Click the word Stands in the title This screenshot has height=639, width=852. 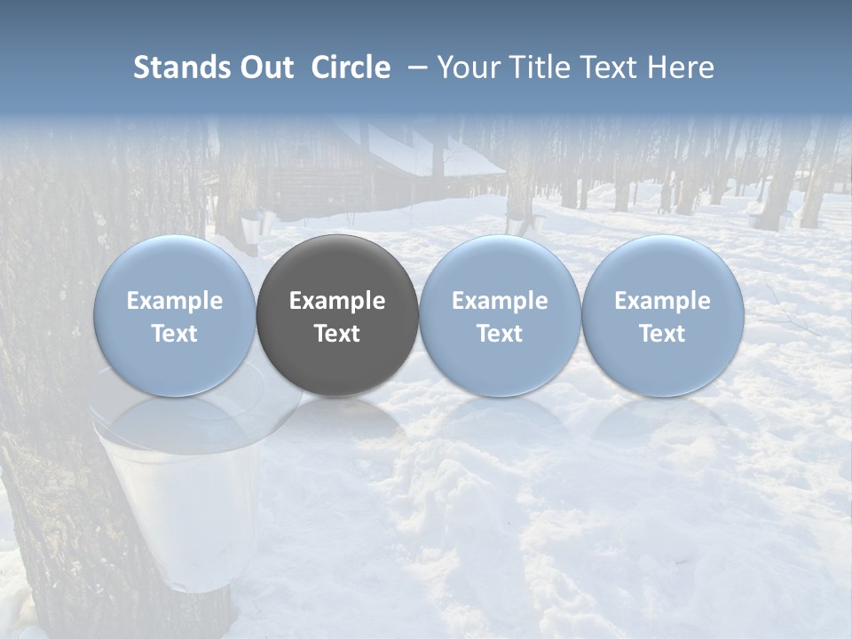click(183, 67)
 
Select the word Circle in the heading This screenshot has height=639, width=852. click(351, 67)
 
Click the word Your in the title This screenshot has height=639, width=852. click(466, 67)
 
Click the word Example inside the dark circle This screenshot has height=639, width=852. click(337, 301)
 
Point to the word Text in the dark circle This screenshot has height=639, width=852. click(337, 334)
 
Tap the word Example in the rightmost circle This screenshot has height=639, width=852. click(662, 301)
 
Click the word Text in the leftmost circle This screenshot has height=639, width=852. click(175, 334)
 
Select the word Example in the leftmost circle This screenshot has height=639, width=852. click(175, 301)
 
